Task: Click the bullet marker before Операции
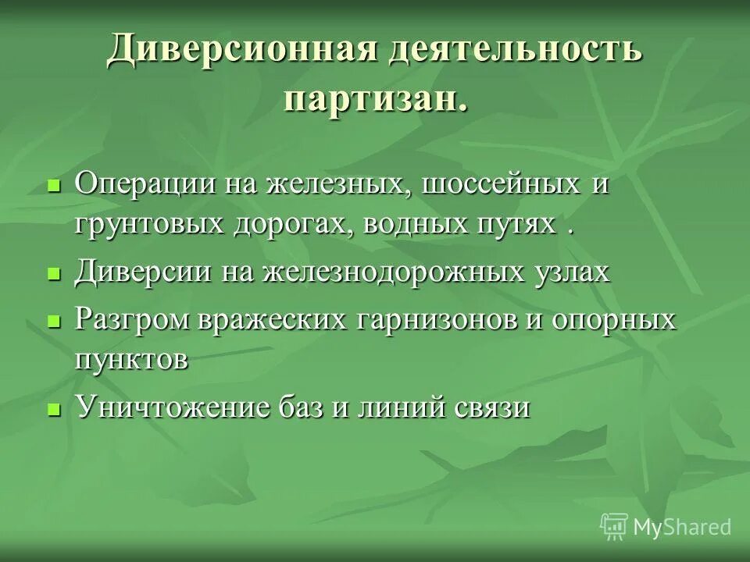(54, 187)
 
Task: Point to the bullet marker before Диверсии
(54, 274)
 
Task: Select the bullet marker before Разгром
(54, 321)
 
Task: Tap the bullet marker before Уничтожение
(54, 408)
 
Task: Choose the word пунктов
(131, 361)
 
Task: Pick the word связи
(491, 407)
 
